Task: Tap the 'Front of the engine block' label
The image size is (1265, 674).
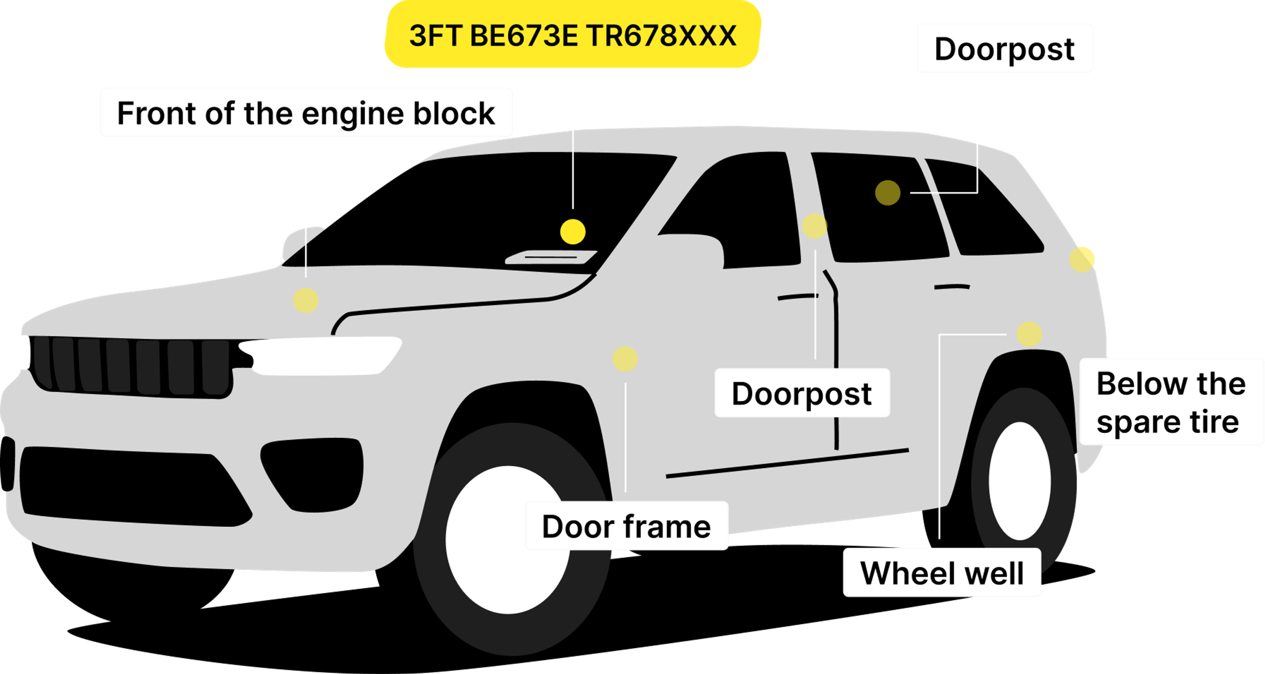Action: [306, 113]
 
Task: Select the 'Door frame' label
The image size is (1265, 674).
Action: [627, 526]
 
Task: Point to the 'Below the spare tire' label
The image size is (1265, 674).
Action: [1171, 402]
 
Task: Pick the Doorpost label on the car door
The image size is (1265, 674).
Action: [801, 393]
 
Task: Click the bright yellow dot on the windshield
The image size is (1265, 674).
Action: [573, 231]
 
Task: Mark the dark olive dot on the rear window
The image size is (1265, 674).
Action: [887, 192]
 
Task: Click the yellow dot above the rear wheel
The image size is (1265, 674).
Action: [1029, 334]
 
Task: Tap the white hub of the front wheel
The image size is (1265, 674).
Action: [508, 540]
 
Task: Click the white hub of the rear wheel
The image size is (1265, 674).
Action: [1020, 481]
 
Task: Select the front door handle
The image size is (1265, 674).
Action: [798, 297]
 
